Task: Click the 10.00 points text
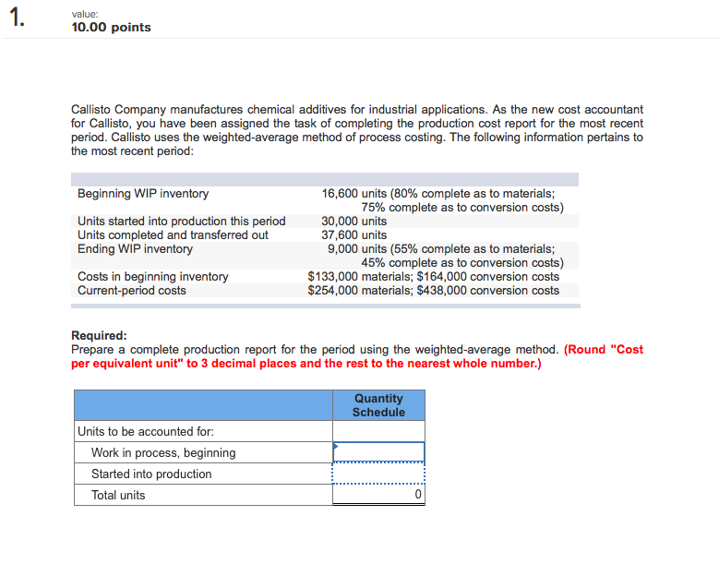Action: pyautogui.click(x=111, y=28)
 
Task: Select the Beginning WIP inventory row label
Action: pyautogui.click(x=143, y=194)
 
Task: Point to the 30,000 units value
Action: pyautogui.click(x=354, y=222)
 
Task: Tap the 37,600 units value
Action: pyautogui.click(x=354, y=235)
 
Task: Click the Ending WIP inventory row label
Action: pyautogui.click(x=135, y=249)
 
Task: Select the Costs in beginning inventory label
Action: pyautogui.click(x=152, y=277)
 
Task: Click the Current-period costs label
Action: pyautogui.click(x=132, y=291)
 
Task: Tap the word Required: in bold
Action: pyautogui.click(x=99, y=336)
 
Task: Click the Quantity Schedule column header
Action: pyautogui.click(x=378, y=405)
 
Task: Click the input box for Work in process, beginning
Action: pyautogui.click(x=378, y=452)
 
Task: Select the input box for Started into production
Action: pyautogui.click(x=378, y=474)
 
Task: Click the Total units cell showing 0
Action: pyautogui.click(x=378, y=495)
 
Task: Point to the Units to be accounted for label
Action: pyautogui.click(x=146, y=431)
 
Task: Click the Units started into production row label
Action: pyautogui.click(x=182, y=222)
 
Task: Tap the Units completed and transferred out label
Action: pyautogui.click(x=173, y=235)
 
